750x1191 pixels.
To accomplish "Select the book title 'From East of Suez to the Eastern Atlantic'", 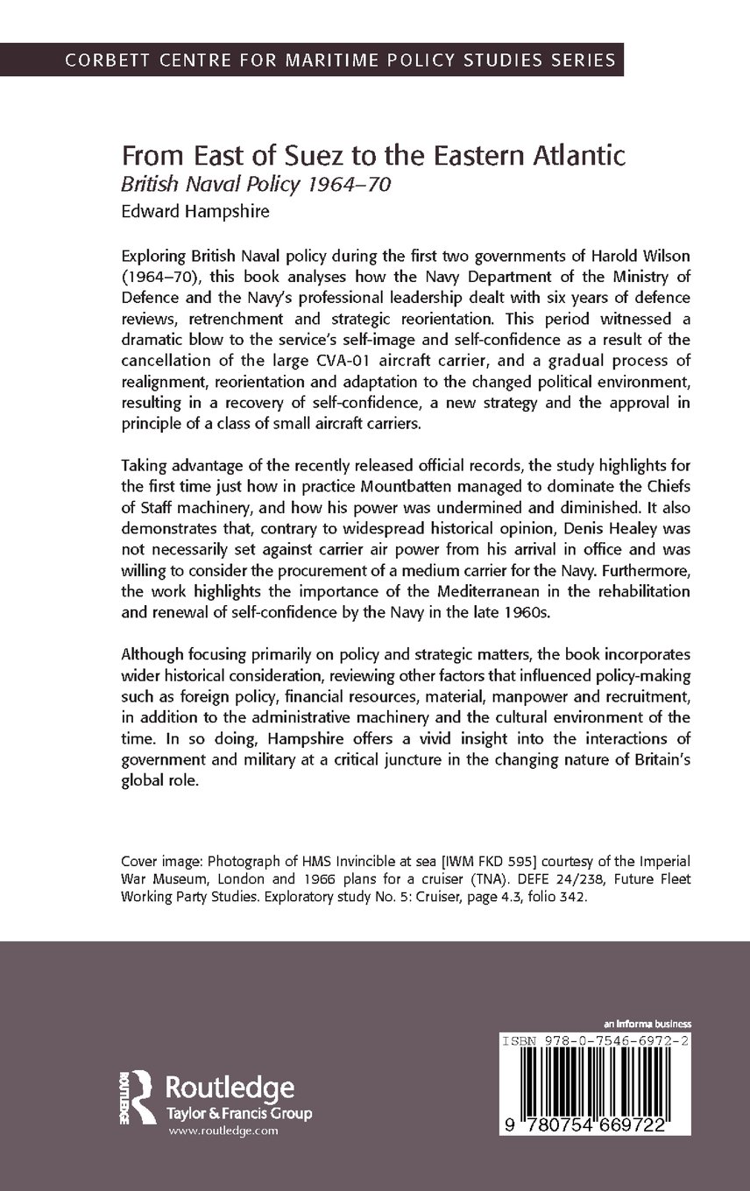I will pyautogui.click(x=373, y=158).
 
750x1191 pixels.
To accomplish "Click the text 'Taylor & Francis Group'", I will pyautogui.click(x=239, y=1113).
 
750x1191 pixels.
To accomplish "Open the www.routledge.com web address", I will pyautogui.click(x=223, y=1131).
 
